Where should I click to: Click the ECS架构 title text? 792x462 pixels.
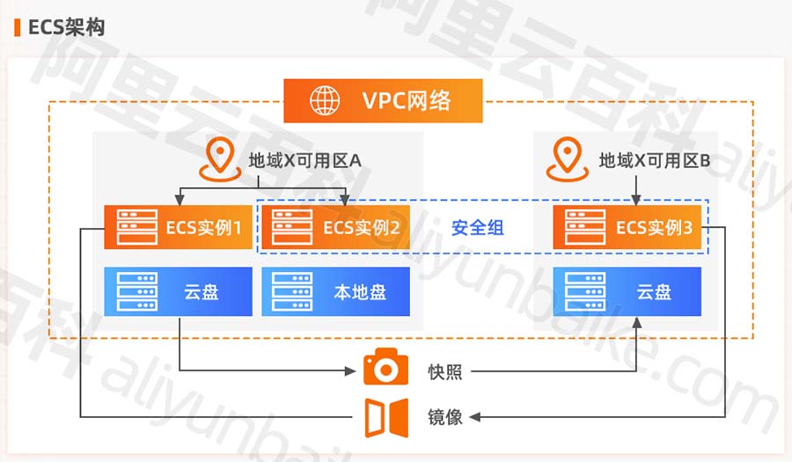pyautogui.click(x=67, y=27)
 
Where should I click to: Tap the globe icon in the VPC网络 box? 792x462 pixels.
pyautogui.click(x=324, y=100)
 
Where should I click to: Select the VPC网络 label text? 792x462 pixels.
pyautogui.click(x=407, y=100)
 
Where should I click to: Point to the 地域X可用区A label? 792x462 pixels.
pyautogui.click(x=304, y=161)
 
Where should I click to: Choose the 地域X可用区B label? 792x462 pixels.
pyautogui.click(x=654, y=161)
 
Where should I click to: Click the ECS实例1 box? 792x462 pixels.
pyautogui.click(x=173, y=228)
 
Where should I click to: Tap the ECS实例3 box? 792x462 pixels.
pyautogui.click(x=627, y=228)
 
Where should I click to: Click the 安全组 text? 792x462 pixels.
pyautogui.click(x=478, y=228)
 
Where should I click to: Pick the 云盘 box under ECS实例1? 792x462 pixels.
pyautogui.click(x=173, y=291)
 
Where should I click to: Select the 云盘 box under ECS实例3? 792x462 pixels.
pyautogui.click(x=627, y=291)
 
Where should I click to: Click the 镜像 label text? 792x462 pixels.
pyautogui.click(x=445, y=417)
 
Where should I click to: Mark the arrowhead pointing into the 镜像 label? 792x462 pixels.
pyautogui.click(x=476, y=417)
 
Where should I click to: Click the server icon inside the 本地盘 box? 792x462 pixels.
pyautogui.click(x=292, y=291)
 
